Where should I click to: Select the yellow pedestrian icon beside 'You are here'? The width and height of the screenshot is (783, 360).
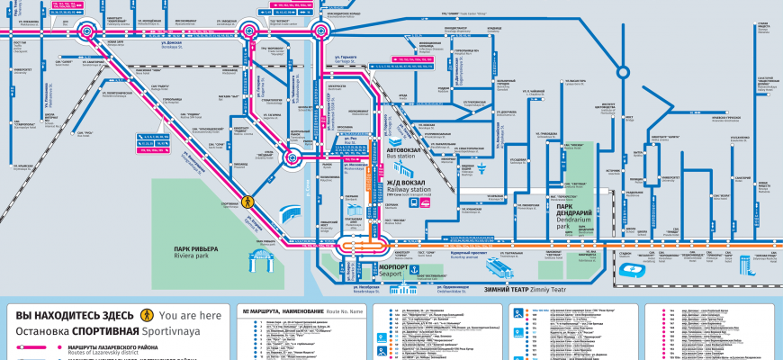pyautogui.click(x=146, y=316)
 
